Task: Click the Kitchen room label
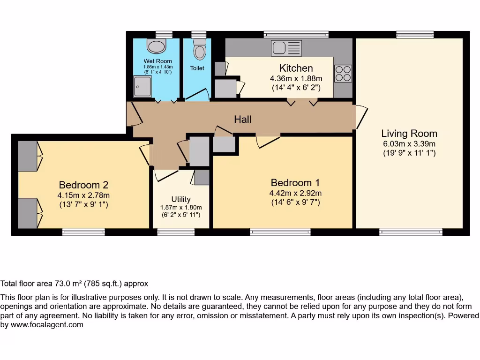tap(296, 68)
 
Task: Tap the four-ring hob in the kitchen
tap(343, 74)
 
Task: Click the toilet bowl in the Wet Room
tap(157, 46)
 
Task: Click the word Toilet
tap(197, 68)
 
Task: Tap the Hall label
tap(243, 120)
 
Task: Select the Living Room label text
tap(409, 134)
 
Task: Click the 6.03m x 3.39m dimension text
tap(409, 144)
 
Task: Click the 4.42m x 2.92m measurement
tap(295, 193)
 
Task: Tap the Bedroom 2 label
tap(83, 185)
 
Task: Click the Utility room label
tap(180, 199)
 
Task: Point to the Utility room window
tap(176, 231)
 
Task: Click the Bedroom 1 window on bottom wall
tap(280, 231)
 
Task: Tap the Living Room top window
tap(414, 35)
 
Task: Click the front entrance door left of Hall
tap(131, 113)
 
